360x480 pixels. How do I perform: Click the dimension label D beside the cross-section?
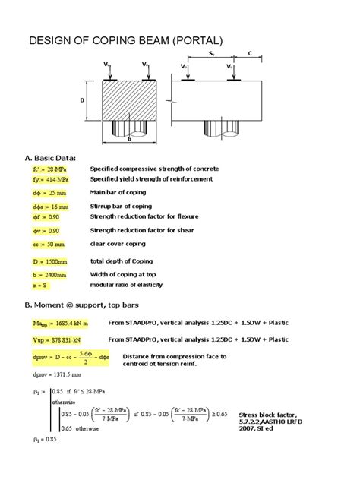pos(81,100)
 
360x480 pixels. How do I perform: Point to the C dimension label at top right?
pos(250,53)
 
